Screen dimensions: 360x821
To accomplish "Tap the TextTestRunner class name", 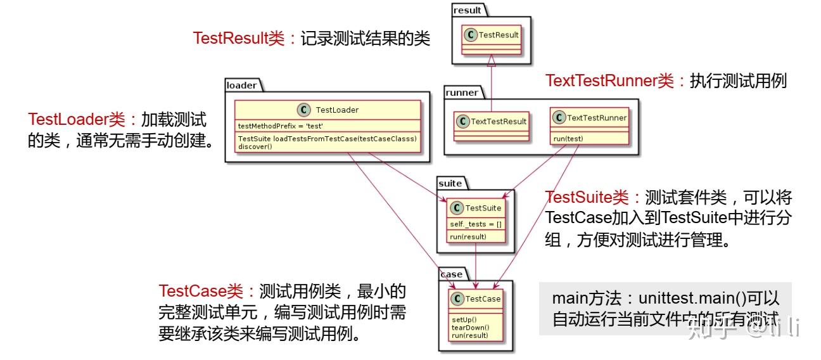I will pos(597,118).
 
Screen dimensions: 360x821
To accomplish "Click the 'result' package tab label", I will pos(468,10).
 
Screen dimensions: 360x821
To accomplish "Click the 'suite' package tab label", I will pos(450,184).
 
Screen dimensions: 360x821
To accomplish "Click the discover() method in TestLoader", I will pos(255,146).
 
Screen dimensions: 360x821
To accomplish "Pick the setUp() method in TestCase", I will pos(464,319).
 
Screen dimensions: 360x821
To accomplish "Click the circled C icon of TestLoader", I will pos(306,110).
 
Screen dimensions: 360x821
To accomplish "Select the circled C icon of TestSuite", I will pos(457,208).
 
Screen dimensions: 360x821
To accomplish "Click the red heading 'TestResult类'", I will pos(239,39).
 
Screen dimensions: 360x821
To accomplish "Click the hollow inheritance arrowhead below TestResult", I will pos(492,60).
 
